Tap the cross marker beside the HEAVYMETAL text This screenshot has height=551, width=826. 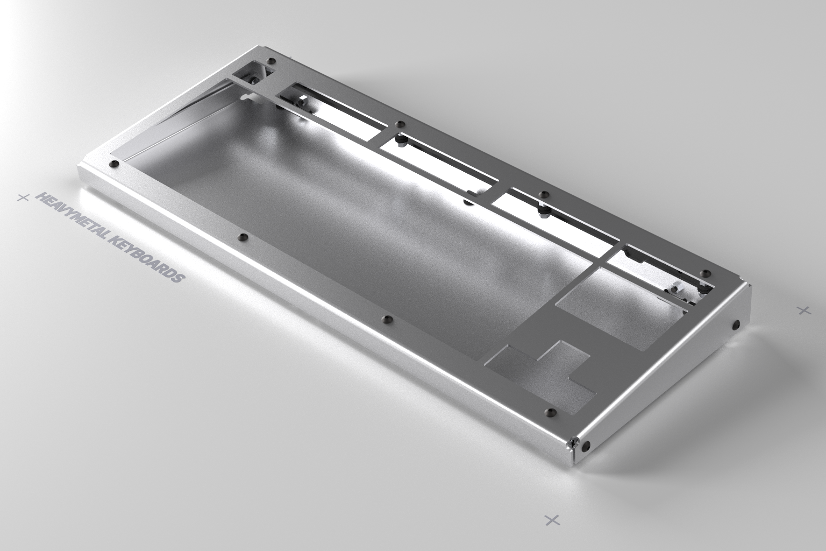pyautogui.click(x=23, y=198)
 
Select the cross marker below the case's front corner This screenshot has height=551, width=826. pyautogui.click(x=552, y=519)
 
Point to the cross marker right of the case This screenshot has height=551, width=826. pyautogui.click(x=803, y=310)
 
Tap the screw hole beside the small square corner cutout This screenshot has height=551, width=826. pyautogui.click(x=271, y=61)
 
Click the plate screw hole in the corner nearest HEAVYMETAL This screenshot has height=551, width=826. pyautogui.click(x=113, y=163)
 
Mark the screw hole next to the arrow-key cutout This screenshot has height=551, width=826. pyautogui.click(x=550, y=412)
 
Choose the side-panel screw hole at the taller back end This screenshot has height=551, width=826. pyautogui.click(x=736, y=324)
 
